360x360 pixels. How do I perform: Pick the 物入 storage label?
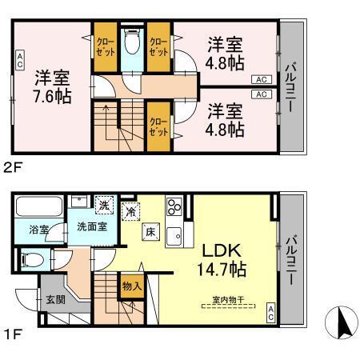point(131,284)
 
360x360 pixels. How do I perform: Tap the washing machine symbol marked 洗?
point(104,205)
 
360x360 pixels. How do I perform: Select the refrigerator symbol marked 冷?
point(131,212)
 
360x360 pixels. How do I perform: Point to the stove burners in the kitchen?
point(174,208)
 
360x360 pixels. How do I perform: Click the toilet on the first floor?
point(31,259)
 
